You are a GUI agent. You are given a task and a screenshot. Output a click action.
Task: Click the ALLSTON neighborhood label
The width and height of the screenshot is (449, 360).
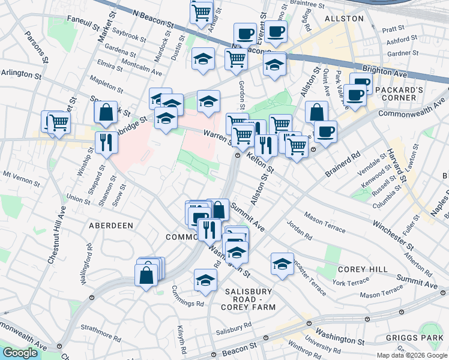coord(344,19)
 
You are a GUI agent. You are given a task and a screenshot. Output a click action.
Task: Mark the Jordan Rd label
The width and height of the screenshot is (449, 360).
coord(300,233)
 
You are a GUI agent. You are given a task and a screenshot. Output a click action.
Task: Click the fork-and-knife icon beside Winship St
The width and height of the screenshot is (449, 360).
coord(106,142)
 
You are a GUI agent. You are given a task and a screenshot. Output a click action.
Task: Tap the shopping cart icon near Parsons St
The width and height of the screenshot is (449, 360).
coord(58,122)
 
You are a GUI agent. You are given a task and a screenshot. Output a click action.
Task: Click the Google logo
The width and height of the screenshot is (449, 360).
coord(20,353)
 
